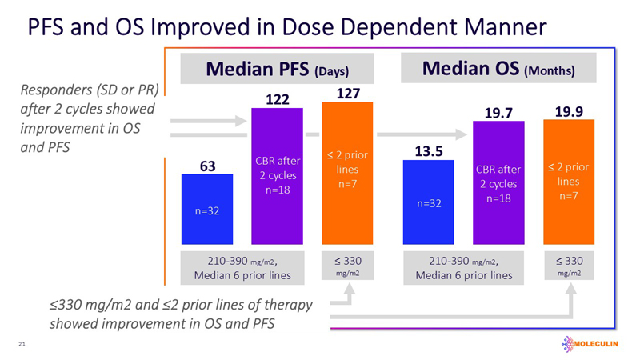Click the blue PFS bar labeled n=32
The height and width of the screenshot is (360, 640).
pyautogui.click(x=206, y=209)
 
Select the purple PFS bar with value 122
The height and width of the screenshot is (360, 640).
pyautogui.click(x=277, y=175)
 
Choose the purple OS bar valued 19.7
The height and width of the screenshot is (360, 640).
pyautogui.click(x=498, y=183)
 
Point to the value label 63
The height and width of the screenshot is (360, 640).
pyautogui.click(x=206, y=166)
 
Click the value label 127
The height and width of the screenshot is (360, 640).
pyautogui.click(x=347, y=94)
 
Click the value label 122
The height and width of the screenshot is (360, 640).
pyautogui.click(x=277, y=99)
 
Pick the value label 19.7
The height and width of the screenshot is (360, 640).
pyautogui.click(x=498, y=111)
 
